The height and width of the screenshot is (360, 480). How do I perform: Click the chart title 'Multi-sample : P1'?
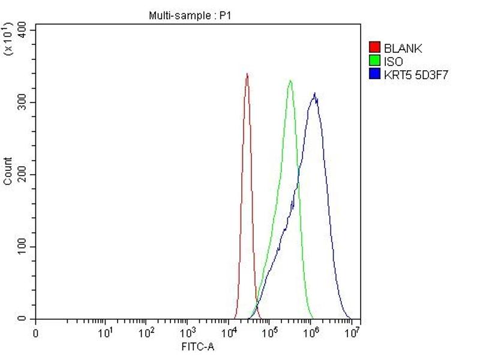190,16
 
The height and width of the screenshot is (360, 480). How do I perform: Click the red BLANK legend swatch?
375,48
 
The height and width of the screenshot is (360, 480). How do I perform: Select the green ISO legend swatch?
375,61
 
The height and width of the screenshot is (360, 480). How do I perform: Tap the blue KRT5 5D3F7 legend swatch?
375,73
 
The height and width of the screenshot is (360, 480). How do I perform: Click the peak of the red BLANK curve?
247,74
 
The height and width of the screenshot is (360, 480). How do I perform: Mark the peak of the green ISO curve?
290,80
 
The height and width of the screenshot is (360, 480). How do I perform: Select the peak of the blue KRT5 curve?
314,94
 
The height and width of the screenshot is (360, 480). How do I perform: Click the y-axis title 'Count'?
8,171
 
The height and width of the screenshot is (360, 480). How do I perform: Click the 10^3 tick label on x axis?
187,332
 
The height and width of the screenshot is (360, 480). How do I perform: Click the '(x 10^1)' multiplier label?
8,39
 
